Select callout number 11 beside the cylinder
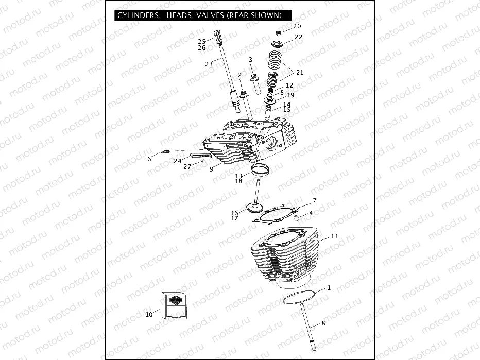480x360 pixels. click(x=334, y=236)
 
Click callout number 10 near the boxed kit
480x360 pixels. click(x=149, y=314)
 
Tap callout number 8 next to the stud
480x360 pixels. click(x=323, y=323)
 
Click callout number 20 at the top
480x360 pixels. click(x=297, y=26)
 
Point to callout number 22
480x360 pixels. click(x=298, y=37)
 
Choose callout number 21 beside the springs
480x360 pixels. click(x=299, y=73)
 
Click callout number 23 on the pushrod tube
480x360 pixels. click(x=209, y=64)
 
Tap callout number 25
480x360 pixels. click(x=202, y=41)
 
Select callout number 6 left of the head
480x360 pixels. click(x=149, y=159)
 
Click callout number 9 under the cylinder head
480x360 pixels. click(x=211, y=168)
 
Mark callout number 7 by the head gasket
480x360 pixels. click(x=314, y=200)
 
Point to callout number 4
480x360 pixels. click(x=311, y=213)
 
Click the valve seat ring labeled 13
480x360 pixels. click(x=261, y=169)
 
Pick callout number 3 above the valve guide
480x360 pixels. click(x=250, y=60)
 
